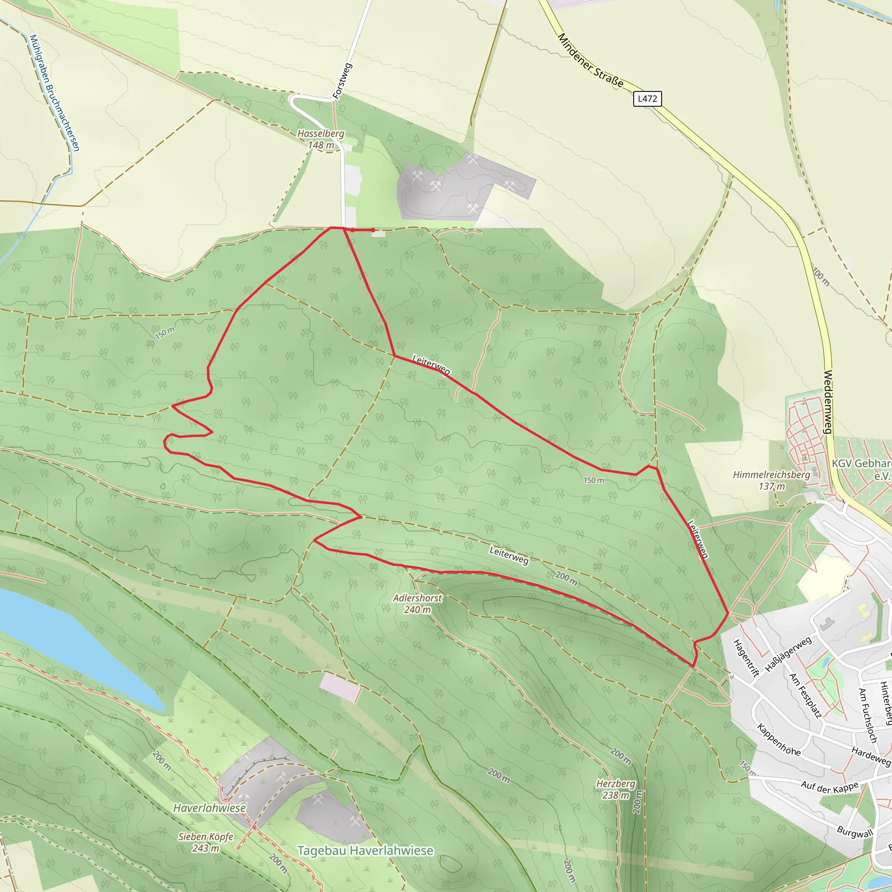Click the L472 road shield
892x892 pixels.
pos(647,99)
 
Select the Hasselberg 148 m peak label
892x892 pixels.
pos(321,139)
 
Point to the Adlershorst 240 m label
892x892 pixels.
pos(417,603)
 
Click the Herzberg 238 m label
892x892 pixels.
pos(615,789)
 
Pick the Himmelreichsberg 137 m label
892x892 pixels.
pos(771,480)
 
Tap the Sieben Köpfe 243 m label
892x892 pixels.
pos(206,842)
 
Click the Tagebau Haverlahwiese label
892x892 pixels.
pos(365,851)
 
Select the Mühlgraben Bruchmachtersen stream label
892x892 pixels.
pos(54,92)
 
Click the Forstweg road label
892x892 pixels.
pos(343,81)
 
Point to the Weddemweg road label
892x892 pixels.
pos(828,402)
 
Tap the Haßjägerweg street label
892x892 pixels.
pos(788,655)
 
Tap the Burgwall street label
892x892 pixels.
pos(855,832)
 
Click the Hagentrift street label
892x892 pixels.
pos(746,657)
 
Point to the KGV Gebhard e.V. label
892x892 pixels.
pos(862,469)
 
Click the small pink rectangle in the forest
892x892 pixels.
pos(340,687)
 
